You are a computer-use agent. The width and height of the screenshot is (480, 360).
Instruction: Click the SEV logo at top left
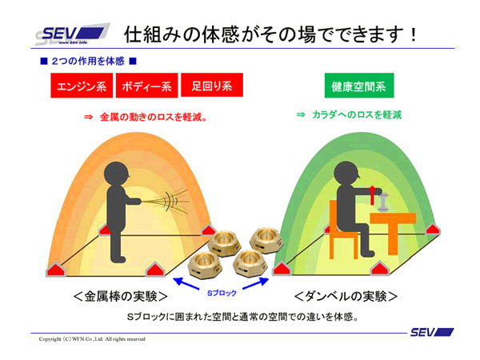70,36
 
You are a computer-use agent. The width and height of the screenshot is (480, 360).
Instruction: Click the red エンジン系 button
83,86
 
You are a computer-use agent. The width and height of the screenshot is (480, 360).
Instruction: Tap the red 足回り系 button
211,86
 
